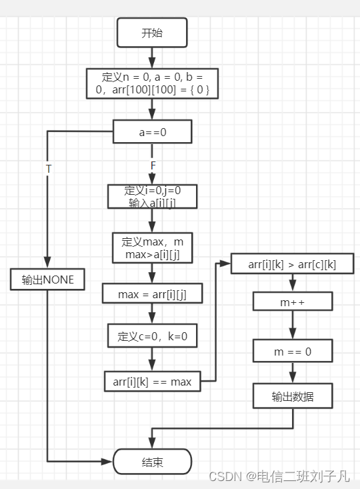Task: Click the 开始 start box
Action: (152, 33)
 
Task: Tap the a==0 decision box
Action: (152, 132)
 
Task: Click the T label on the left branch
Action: (48, 169)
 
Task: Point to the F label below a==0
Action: (153, 165)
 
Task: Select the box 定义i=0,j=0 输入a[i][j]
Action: (152, 196)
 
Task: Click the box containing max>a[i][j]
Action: (152, 248)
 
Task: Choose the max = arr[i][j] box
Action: (152, 293)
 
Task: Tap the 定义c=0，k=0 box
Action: (152, 337)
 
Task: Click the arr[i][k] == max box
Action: (152, 382)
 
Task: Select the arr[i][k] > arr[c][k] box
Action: (292, 264)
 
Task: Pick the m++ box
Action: (292, 302)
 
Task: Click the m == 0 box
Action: (292, 351)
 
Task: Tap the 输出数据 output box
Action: (292, 397)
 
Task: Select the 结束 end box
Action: (152, 462)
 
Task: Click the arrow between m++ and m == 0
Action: (292, 326)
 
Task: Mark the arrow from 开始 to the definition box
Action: (152, 57)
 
